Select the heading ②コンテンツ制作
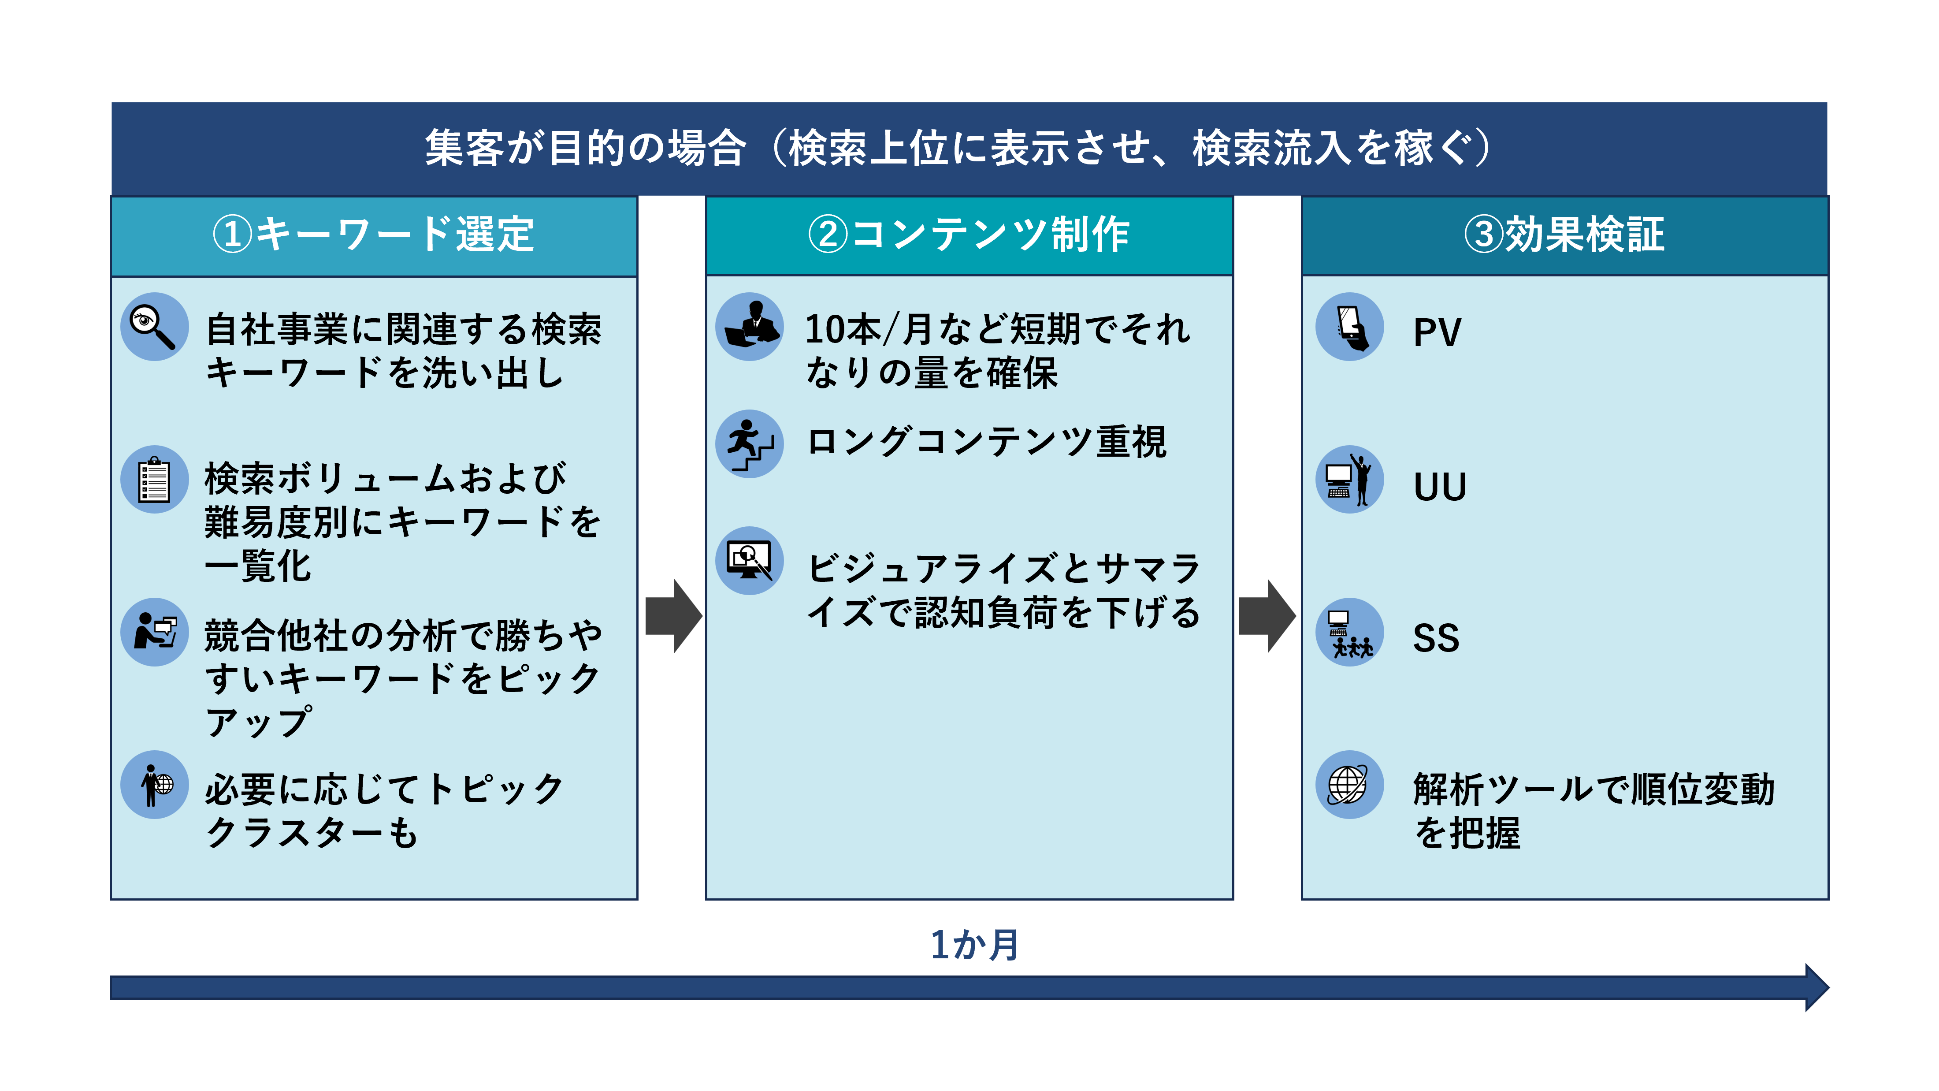969,234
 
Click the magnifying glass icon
154,327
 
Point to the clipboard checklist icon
154,480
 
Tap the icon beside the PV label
1350,327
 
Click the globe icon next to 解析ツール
1350,785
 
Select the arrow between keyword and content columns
674,616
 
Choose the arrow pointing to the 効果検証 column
1267,616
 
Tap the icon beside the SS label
1350,633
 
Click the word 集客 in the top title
464,148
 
